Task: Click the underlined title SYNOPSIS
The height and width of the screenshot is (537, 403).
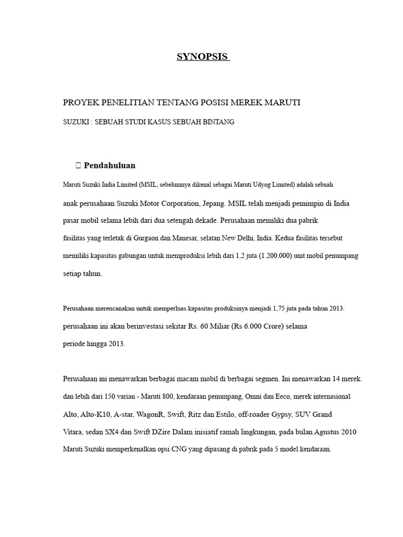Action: coord(203,57)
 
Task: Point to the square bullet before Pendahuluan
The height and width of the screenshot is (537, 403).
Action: coord(78,166)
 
